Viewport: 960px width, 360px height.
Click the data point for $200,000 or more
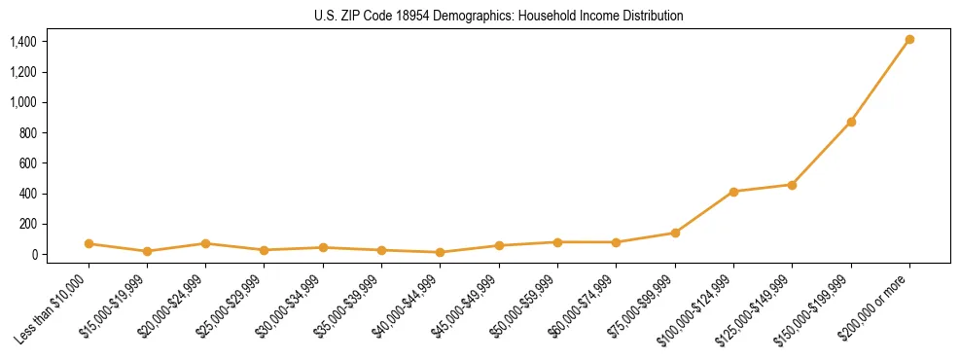(x=909, y=40)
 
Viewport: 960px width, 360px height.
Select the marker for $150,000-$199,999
(x=851, y=122)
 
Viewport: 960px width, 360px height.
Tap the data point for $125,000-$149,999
(x=792, y=185)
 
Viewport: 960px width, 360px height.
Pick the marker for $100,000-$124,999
(x=733, y=192)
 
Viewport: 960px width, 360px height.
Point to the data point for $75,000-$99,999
(x=675, y=233)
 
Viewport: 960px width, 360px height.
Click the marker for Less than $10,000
(x=89, y=243)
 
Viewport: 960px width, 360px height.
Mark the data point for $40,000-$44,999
(x=441, y=252)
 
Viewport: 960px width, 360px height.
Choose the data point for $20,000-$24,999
(x=205, y=243)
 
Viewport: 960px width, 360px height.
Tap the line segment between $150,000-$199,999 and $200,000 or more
(x=880, y=81)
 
